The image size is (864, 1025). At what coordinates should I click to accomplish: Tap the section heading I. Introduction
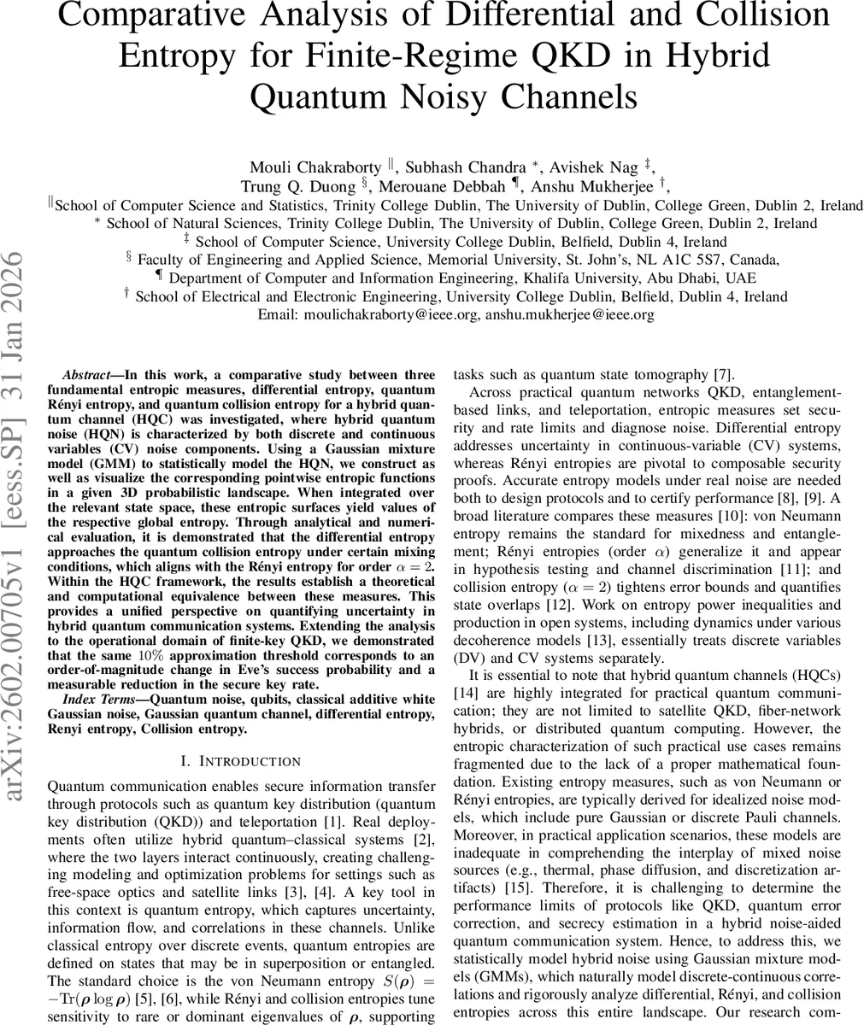tap(226, 761)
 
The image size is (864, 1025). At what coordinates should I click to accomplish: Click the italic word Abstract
tap(85, 375)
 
